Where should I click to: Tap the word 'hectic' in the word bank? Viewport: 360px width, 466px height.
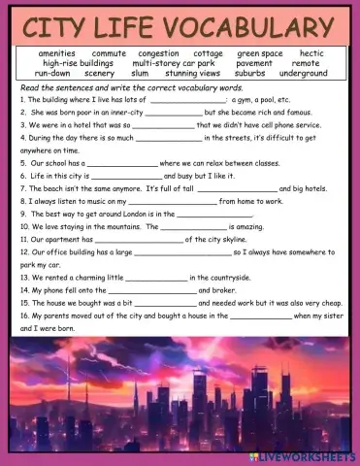coord(311,53)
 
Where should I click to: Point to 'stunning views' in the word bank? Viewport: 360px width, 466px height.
coord(194,73)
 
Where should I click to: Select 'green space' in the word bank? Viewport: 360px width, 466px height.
coord(260,53)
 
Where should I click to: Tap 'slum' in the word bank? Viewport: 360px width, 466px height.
coord(140,73)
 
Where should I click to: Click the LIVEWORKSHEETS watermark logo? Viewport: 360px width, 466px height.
coord(309,455)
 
